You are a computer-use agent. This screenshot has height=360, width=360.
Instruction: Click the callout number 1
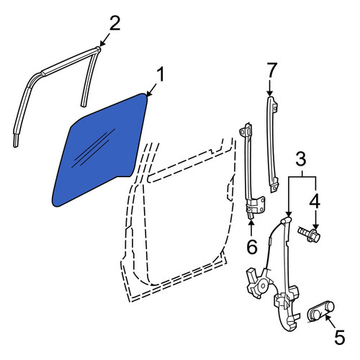click(x=161, y=75)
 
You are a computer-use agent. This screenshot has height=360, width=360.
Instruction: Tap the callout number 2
click(x=114, y=23)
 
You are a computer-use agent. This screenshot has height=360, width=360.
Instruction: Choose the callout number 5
click(x=339, y=337)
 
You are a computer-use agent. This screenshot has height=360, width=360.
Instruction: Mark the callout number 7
click(x=272, y=70)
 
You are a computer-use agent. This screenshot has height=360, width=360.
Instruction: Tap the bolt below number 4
click(x=309, y=234)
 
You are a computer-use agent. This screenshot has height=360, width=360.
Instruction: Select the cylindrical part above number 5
click(x=320, y=311)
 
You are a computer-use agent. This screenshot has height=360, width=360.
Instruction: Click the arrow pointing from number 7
click(x=270, y=88)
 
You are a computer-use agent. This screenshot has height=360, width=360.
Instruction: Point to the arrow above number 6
click(x=251, y=228)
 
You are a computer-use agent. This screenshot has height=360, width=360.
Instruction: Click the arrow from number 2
click(x=104, y=40)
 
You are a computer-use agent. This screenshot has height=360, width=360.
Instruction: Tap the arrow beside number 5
click(x=330, y=321)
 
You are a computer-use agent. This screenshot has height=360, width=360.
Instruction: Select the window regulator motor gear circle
click(x=263, y=286)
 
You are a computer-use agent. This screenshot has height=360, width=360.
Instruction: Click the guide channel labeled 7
click(x=272, y=144)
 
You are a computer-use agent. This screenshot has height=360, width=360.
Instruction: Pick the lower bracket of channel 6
click(x=256, y=205)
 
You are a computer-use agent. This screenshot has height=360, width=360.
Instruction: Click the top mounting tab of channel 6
click(x=246, y=130)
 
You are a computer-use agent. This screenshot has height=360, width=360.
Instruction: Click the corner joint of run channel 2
click(x=97, y=49)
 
